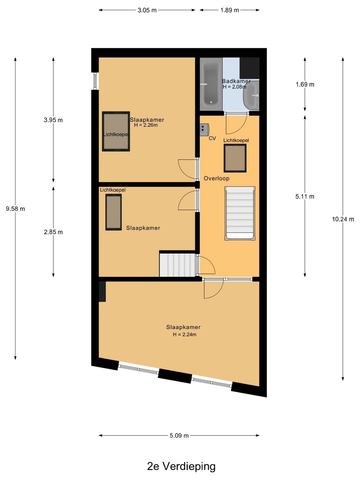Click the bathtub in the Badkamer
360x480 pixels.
click(211, 84)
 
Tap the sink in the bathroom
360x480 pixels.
click(251, 95)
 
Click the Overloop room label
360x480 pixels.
click(217, 178)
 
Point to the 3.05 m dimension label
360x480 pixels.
click(147, 10)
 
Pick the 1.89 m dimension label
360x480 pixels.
click(230, 10)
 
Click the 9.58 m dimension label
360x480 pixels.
click(15, 209)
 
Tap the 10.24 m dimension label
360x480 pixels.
click(343, 219)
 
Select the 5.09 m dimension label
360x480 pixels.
click(179, 435)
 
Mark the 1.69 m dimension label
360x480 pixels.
click(305, 84)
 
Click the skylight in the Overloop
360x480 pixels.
click(235, 158)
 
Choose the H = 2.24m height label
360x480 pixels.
click(184, 334)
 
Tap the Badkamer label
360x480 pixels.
click(236, 81)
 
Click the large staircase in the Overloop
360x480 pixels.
click(240, 213)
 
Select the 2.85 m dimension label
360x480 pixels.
click(53, 232)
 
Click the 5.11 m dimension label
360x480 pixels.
click(305, 197)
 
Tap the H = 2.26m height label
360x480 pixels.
click(146, 125)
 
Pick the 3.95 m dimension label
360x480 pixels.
click(53, 120)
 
